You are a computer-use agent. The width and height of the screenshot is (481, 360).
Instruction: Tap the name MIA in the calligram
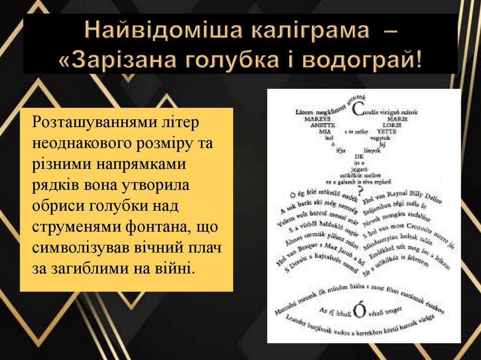point(321,132)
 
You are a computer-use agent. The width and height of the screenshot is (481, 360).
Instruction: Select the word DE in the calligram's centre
point(359,156)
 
